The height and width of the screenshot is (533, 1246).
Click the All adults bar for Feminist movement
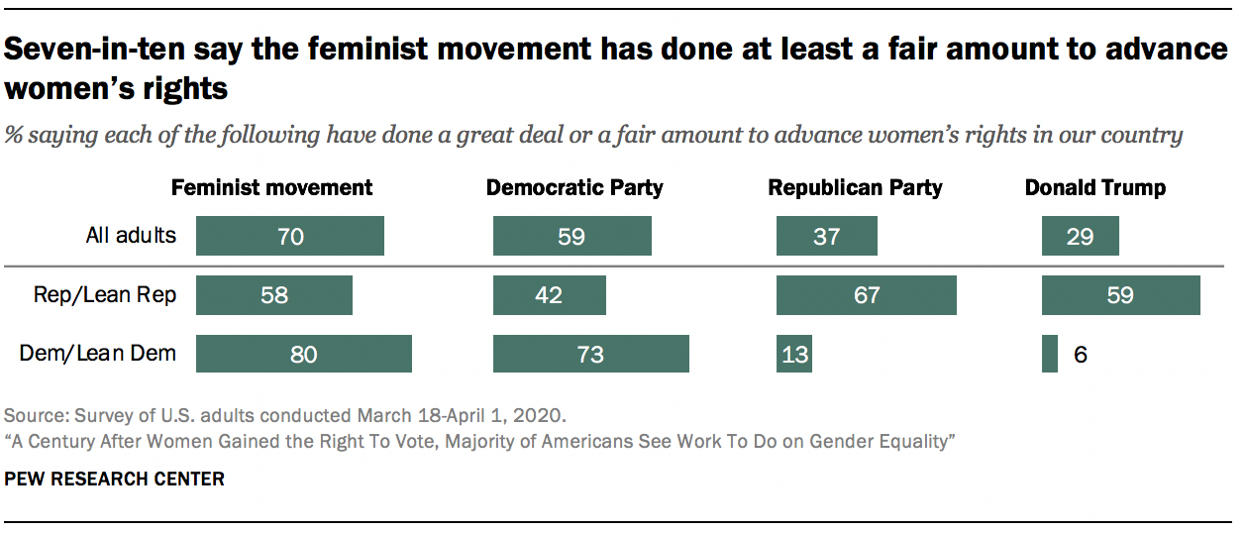[289, 237]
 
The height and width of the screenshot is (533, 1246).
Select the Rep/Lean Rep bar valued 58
[273, 295]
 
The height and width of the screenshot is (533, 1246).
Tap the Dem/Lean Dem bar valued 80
[303, 354]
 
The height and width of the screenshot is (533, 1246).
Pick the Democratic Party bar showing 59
[571, 237]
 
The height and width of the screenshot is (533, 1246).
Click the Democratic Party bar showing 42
[549, 295]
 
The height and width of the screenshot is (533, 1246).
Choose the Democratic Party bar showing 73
[590, 354]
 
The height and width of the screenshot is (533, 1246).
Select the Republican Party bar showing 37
[826, 237]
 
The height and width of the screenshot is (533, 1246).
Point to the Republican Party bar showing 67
[866, 295]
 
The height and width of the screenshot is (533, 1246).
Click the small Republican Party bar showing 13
[793, 354]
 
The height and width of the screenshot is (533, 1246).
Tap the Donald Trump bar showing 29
[1080, 237]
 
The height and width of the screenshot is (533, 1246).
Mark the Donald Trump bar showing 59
[1120, 295]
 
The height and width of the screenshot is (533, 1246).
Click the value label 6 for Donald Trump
[1081, 354]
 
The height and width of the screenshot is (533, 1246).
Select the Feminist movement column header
[272, 187]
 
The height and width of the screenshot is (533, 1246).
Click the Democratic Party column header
[574, 187]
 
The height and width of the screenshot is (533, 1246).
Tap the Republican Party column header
[856, 187]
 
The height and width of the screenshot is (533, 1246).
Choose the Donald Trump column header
[1095, 187]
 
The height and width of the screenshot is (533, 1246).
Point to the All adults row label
[130, 236]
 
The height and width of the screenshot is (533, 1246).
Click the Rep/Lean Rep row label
[105, 295]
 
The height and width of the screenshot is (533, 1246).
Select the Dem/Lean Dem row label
[98, 354]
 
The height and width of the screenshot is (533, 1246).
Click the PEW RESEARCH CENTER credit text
[115, 480]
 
